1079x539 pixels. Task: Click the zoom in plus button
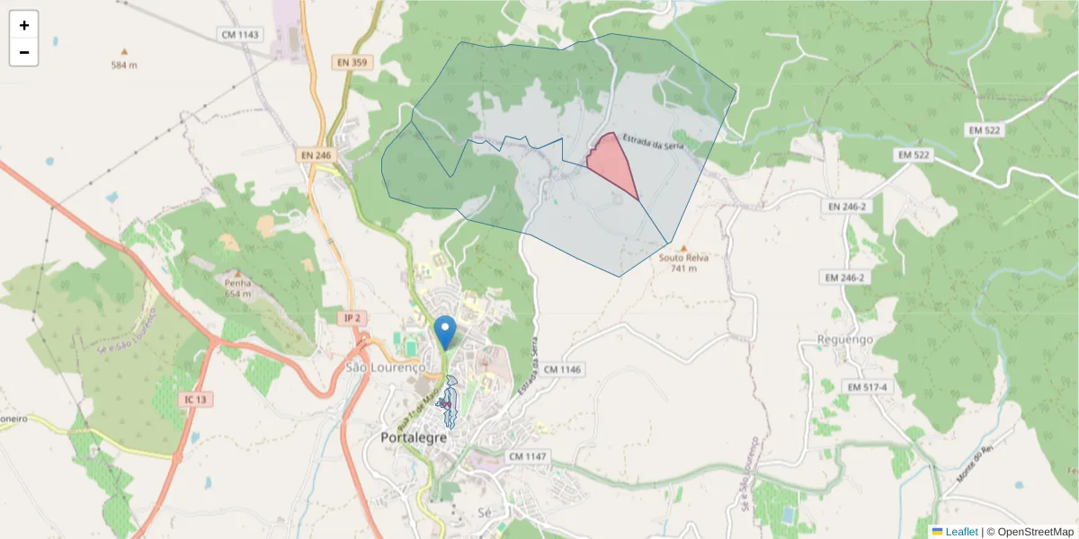pos(24,25)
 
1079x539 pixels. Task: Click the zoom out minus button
pos(24,52)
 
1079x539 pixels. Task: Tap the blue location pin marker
pos(444,331)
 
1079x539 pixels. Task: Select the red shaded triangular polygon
pos(611,161)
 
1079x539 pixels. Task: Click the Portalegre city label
pos(415,437)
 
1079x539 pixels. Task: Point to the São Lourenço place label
pos(385,367)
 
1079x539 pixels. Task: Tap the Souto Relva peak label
pos(683,258)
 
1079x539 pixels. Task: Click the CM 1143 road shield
pos(239,34)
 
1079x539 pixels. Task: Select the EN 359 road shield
pos(352,62)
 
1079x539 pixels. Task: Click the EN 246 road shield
pos(316,155)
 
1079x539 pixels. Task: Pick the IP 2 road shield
pos(352,318)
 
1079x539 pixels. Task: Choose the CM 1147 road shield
pos(527,456)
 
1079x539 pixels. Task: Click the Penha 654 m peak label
pos(237,287)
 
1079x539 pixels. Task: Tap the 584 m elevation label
pos(124,65)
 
